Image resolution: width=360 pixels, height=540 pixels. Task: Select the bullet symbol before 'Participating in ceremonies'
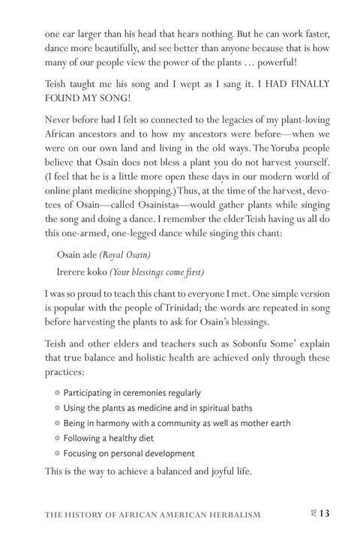(58, 393)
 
